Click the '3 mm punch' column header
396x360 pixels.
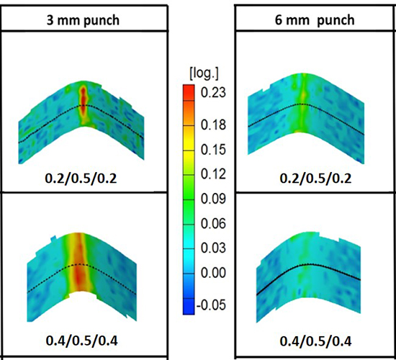[82, 19]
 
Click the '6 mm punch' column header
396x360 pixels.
[316, 19]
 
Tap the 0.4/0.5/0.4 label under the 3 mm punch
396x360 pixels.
[81, 338]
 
